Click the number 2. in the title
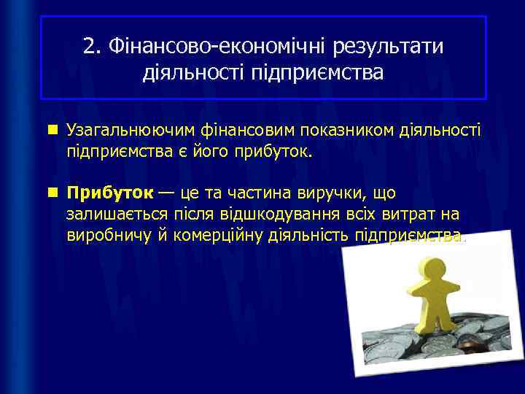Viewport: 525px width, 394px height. click(93, 47)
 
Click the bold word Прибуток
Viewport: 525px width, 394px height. click(109, 193)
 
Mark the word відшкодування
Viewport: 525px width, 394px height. click(276, 215)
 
